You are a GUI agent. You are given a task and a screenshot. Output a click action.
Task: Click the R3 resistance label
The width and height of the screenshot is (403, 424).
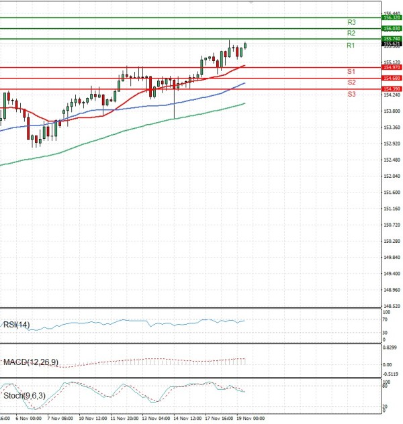tap(351, 22)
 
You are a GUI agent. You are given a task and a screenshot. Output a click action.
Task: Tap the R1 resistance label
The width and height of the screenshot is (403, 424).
tap(351, 45)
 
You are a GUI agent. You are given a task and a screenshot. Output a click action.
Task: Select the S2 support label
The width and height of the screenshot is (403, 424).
tap(351, 82)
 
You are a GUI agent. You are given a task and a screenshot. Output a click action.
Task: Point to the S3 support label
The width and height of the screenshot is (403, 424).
tap(351, 94)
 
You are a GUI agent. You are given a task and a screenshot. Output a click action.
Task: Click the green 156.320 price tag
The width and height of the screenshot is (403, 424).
tap(391, 18)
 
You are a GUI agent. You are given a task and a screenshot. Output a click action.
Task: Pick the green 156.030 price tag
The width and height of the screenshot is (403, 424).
tap(391, 29)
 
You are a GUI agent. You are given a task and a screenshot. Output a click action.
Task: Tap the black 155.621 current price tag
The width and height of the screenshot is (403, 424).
tap(391, 44)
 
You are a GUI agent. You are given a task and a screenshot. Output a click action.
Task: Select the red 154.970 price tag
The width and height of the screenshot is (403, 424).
tap(391, 68)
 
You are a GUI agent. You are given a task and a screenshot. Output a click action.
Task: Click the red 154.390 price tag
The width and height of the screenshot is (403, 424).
tap(391, 89)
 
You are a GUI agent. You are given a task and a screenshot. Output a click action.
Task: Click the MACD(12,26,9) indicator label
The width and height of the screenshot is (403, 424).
tap(31, 362)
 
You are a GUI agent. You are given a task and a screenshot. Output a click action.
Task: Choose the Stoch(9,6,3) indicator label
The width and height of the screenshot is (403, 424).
tap(24, 396)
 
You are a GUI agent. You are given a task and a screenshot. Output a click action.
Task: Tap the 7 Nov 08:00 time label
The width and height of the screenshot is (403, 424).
tap(58, 418)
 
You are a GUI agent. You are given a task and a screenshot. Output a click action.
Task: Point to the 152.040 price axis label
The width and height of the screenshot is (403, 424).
tap(391, 176)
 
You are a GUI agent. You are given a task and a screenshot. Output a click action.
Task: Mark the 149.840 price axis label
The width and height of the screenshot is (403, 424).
tap(391, 257)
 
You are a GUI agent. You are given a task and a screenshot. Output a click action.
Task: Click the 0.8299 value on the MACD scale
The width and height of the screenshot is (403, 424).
tap(391, 348)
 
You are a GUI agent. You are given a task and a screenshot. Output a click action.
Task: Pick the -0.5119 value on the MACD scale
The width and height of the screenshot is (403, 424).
tap(391, 374)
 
